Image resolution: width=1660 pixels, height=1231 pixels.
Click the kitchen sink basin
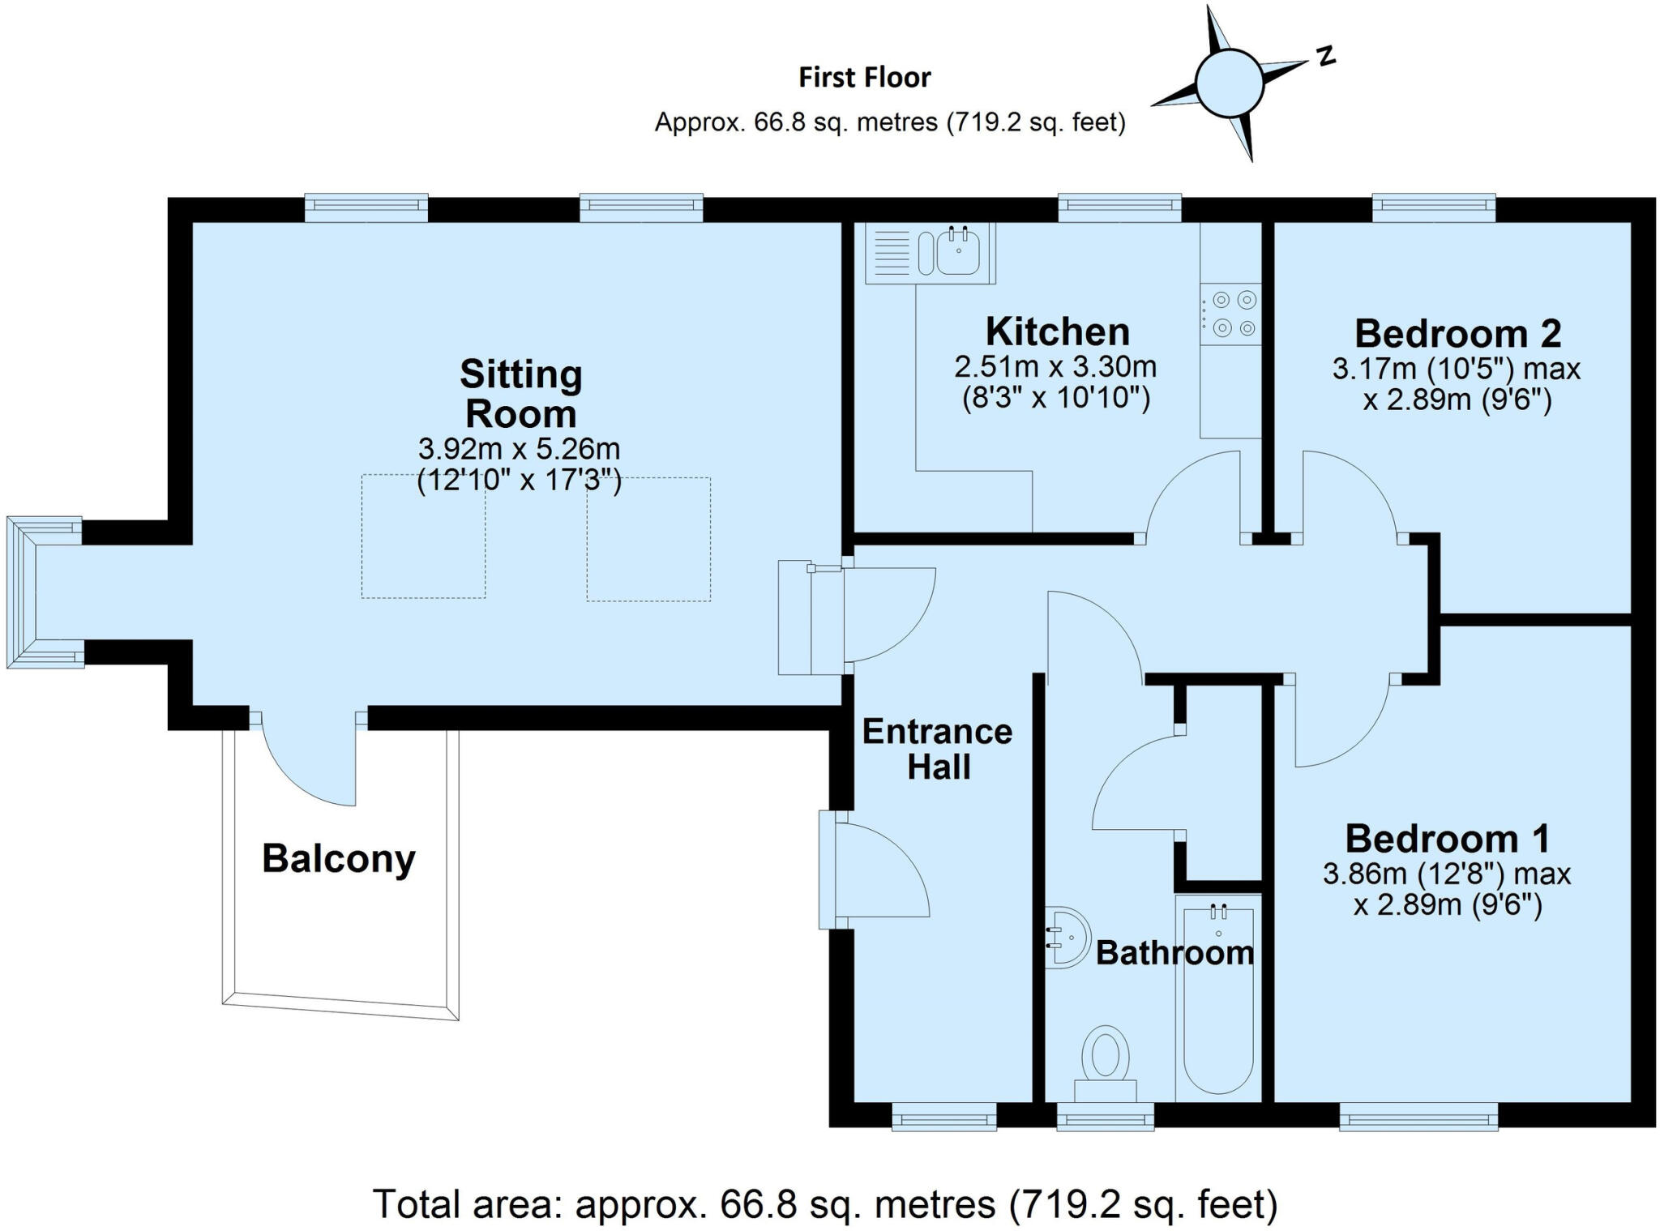click(x=958, y=251)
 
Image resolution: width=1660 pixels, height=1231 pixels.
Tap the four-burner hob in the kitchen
click(x=1230, y=314)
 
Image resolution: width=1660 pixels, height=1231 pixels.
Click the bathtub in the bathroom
click(x=1218, y=1002)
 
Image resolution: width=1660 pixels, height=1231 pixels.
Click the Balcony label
click(x=338, y=859)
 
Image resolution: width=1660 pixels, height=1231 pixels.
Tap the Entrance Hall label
click(x=937, y=749)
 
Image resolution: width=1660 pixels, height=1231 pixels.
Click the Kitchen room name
click(x=1057, y=332)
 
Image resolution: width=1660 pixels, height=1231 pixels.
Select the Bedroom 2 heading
click(x=1457, y=333)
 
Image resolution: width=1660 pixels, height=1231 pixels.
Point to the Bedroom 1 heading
click(x=1448, y=839)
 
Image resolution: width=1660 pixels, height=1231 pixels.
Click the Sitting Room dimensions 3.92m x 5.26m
click(x=519, y=448)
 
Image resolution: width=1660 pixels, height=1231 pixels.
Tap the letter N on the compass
click(x=1325, y=55)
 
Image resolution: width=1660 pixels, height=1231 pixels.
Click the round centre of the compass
click(x=1229, y=83)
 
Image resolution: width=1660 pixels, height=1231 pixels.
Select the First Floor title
click(x=865, y=78)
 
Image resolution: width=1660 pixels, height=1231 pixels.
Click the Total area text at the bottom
click(x=824, y=1204)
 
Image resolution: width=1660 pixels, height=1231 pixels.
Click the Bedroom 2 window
click(x=1433, y=207)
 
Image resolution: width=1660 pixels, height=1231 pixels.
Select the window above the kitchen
click(x=1119, y=207)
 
